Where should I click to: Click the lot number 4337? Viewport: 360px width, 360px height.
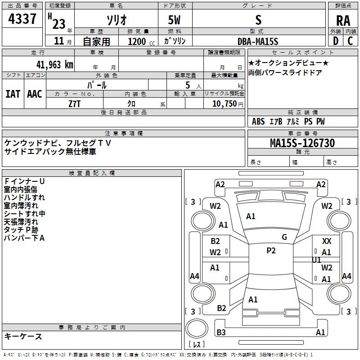tap(22, 20)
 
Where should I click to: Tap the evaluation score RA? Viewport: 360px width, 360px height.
tap(343, 21)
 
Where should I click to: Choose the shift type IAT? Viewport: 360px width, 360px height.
tap(13, 94)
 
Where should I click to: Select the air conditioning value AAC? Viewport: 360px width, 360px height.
tap(35, 94)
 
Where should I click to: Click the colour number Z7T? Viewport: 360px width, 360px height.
tap(74, 103)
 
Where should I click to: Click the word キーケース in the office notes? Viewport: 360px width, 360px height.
tap(23, 336)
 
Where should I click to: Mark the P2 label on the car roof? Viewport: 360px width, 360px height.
tap(271, 251)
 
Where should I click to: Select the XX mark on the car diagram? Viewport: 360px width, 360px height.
tap(327, 242)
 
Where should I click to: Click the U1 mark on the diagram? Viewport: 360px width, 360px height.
tap(316, 260)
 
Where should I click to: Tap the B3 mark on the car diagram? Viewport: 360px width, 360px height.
tap(221, 333)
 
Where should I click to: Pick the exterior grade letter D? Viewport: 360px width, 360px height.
tap(335, 41)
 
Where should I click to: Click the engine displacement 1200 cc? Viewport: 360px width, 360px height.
tap(139, 41)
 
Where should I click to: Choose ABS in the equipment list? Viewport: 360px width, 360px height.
tap(258, 121)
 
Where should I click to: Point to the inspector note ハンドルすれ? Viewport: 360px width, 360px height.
tap(24, 197)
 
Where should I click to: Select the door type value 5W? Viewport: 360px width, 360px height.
tap(175, 20)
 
